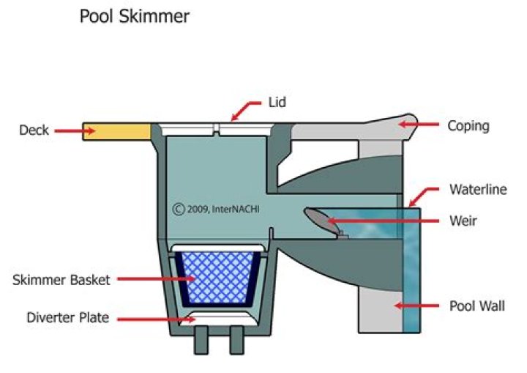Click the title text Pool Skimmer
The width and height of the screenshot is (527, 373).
pos(134,16)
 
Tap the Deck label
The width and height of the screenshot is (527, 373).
pos(34,130)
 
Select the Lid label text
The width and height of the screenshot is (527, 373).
pos(277,103)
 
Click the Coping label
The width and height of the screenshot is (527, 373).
pos(468,126)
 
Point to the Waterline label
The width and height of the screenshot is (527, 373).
pos(478,190)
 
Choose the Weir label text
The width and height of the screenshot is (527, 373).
pos(465,221)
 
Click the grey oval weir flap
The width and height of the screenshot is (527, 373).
pos(318,218)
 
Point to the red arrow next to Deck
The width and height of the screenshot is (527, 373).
pos(76,130)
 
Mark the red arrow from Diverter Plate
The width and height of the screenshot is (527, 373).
pos(151,318)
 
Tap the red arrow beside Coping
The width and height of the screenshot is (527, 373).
pos(416,125)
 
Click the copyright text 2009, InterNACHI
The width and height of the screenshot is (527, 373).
pos(217,209)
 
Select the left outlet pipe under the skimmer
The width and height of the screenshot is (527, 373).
pos(201,341)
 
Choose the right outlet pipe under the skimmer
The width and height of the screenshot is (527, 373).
pos(236,341)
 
